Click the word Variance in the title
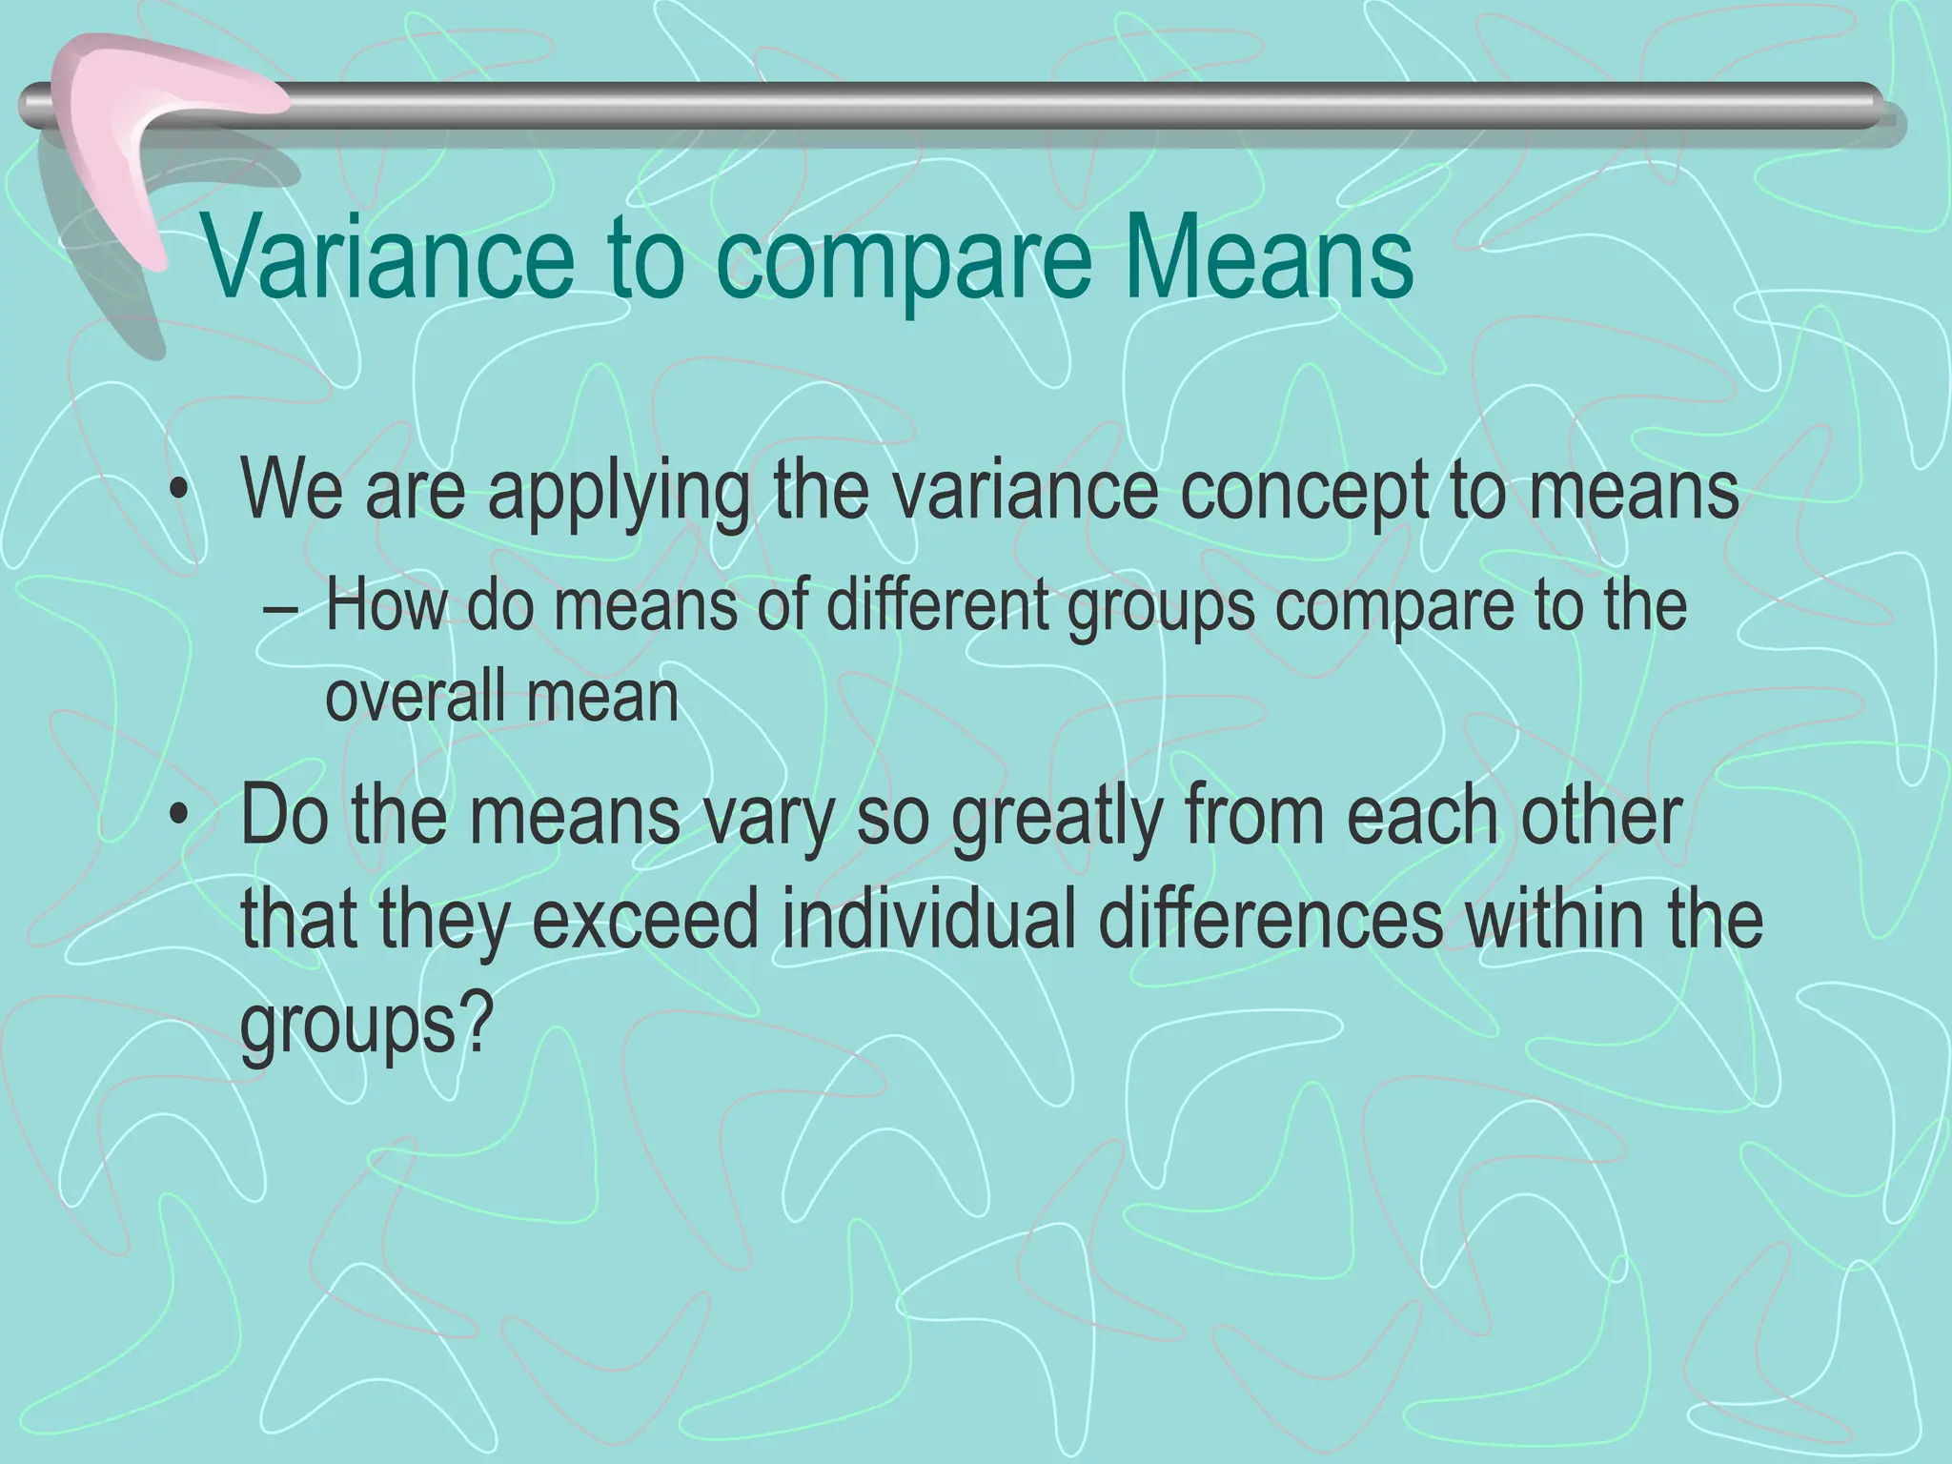click(389, 259)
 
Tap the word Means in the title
click(1268, 259)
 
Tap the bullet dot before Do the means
click(177, 817)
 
